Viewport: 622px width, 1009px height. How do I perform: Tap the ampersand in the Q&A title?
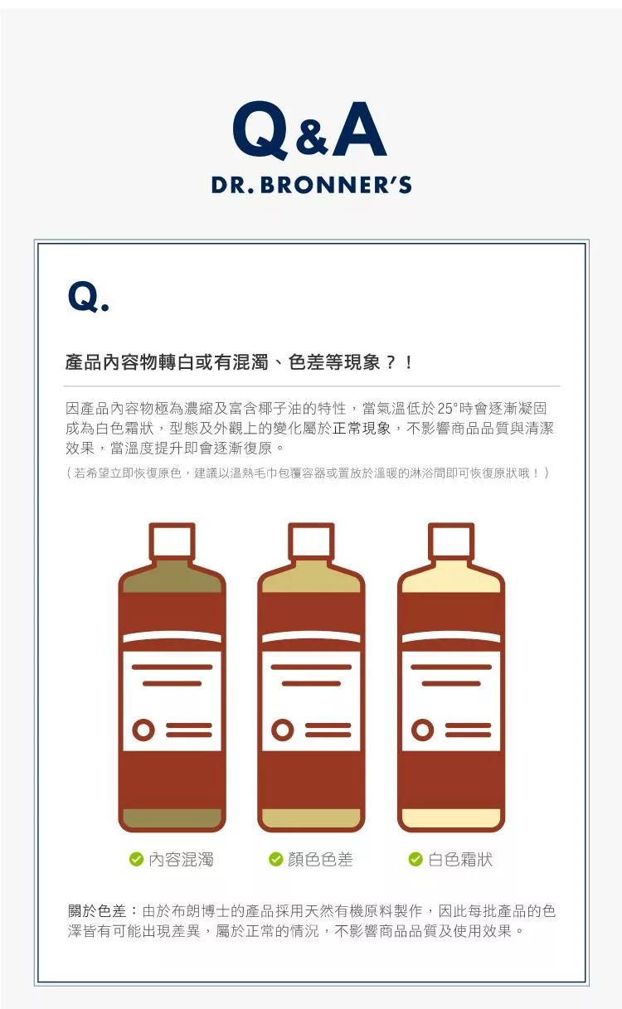312,138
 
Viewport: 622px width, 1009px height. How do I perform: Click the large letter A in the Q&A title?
359,129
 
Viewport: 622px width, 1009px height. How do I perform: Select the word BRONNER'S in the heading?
336,185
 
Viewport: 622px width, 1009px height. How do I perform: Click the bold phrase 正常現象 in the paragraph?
362,428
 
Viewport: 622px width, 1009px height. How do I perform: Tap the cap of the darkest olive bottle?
172,541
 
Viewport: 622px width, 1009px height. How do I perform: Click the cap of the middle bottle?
311,541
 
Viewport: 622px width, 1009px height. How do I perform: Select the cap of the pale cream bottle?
450,541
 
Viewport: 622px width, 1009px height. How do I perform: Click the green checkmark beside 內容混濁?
136,860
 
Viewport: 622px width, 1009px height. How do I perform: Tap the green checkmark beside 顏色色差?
275,860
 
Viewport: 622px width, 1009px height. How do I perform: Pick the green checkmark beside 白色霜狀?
415,860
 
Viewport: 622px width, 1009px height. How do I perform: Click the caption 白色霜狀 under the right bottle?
460,860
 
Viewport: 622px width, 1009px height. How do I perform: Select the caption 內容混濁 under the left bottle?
181,860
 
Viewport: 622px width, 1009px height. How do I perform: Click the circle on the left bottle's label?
143,730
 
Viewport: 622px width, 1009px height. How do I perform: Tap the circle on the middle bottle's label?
283,730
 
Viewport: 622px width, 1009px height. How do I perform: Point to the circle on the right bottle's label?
423,730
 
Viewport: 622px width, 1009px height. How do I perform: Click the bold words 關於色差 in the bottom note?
97,911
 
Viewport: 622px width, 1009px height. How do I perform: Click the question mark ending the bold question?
391,362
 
